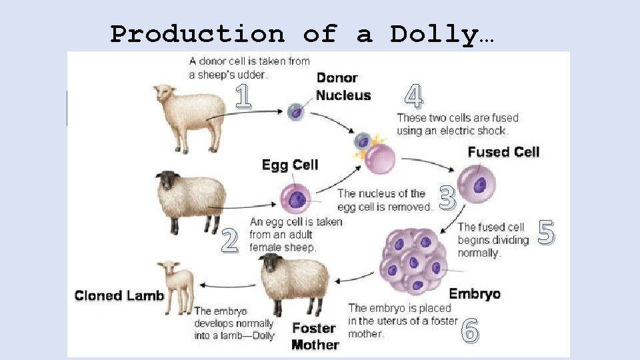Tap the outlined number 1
pyautogui.click(x=243, y=97)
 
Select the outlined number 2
pyautogui.click(x=229, y=241)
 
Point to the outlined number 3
pyautogui.click(x=448, y=197)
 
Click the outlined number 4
pyautogui.click(x=413, y=97)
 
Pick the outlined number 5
pyautogui.click(x=546, y=233)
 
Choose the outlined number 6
pyautogui.click(x=470, y=329)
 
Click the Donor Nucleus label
pyautogui.click(x=343, y=87)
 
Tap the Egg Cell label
pyautogui.click(x=290, y=165)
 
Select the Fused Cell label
pyautogui.click(x=503, y=152)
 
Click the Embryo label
pyautogui.click(x=475, y=293)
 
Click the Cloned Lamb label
pyautogui.click(x=119, y=295)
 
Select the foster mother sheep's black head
pyautogui.click(x=270, y=263)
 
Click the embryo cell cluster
pyautogui.click(x=413, y=260)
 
